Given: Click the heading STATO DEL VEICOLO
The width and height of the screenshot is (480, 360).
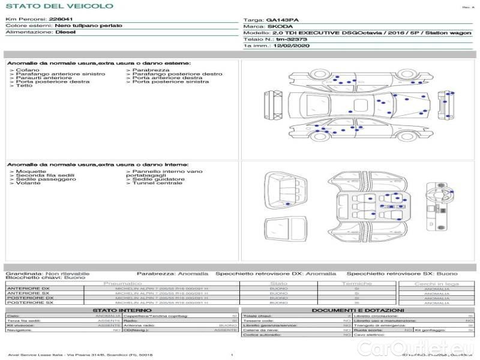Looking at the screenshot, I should (x=59, y=6).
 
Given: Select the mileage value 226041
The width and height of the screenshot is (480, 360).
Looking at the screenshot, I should (x=61, y=20).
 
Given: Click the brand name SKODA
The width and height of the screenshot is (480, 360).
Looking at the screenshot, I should (x=280, y=26).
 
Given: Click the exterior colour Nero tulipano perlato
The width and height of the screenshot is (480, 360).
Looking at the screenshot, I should (x=88, y=26).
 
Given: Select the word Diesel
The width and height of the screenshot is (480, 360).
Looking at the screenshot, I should (x=65, y=32).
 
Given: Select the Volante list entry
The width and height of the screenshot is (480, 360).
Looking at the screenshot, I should (x=28, y=183).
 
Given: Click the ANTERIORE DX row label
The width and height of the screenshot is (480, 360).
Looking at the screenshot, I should (x=28, y=289).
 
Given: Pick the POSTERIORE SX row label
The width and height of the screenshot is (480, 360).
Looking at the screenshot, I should (x=29, y=303).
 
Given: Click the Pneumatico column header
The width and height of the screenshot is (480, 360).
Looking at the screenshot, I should (x=122, y=283).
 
